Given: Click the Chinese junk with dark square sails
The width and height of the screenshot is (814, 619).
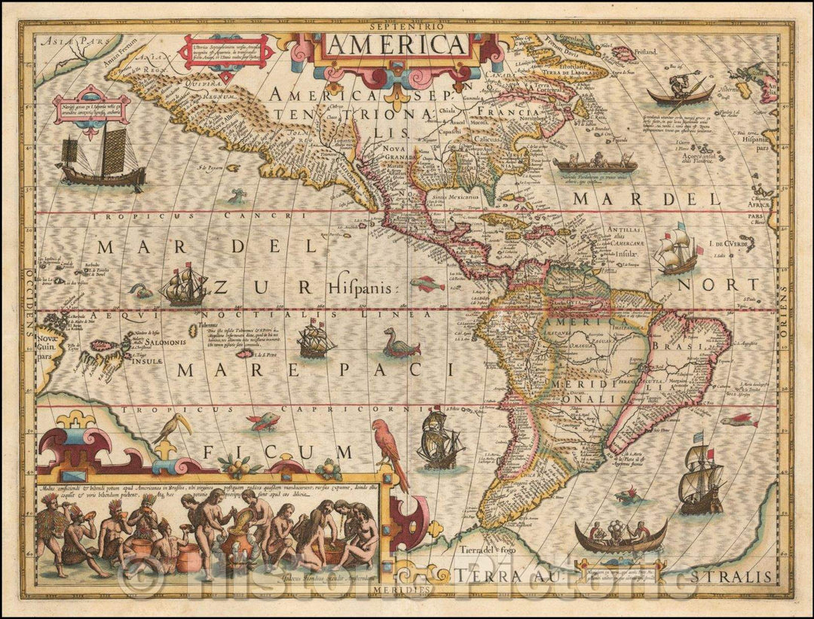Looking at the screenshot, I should pyautogui.click(x=102, y=160).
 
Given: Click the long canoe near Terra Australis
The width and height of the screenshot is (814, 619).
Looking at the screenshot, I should pyautogui.click(x=620, y=536).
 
